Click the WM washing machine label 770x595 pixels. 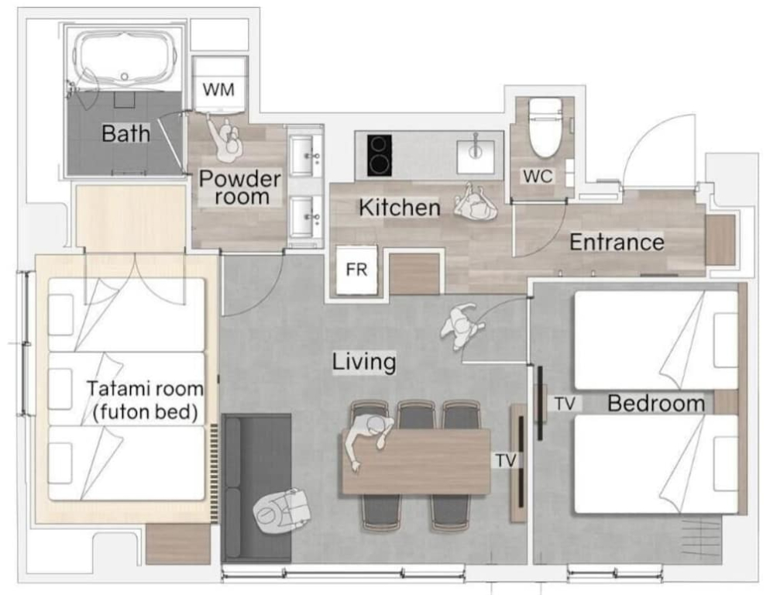[218, 89]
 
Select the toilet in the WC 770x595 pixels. [545, 126]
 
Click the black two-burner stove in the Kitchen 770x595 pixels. [380, 155]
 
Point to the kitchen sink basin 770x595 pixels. [476, 156]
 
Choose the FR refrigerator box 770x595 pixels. [357, 270]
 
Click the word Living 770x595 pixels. [364, 362]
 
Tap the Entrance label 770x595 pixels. [617, 242]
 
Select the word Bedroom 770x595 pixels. [656, 404]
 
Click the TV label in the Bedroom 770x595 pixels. [565, 404]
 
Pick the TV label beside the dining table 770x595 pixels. [505, 460]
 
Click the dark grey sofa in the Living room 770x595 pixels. [257, 487]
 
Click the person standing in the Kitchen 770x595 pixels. [475, 203]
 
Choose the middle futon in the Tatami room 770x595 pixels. [126, 389]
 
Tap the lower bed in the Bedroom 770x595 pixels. [656, 465]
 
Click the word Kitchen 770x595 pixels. [399, 208]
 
